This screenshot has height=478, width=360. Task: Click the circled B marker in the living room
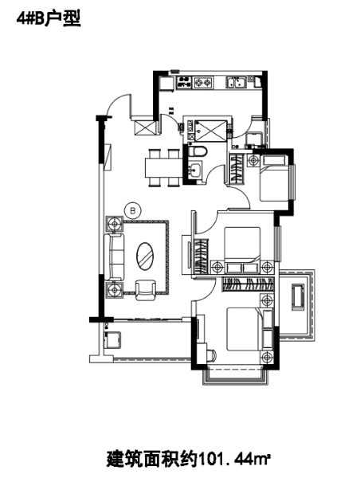coord(134,210)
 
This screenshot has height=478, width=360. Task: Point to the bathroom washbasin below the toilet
coord(195,169)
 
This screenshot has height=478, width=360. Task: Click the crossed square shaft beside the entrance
coord(145,128)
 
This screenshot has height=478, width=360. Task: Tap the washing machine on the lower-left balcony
coord(112,339)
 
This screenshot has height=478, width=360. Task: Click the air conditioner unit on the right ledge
coord(299,296)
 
